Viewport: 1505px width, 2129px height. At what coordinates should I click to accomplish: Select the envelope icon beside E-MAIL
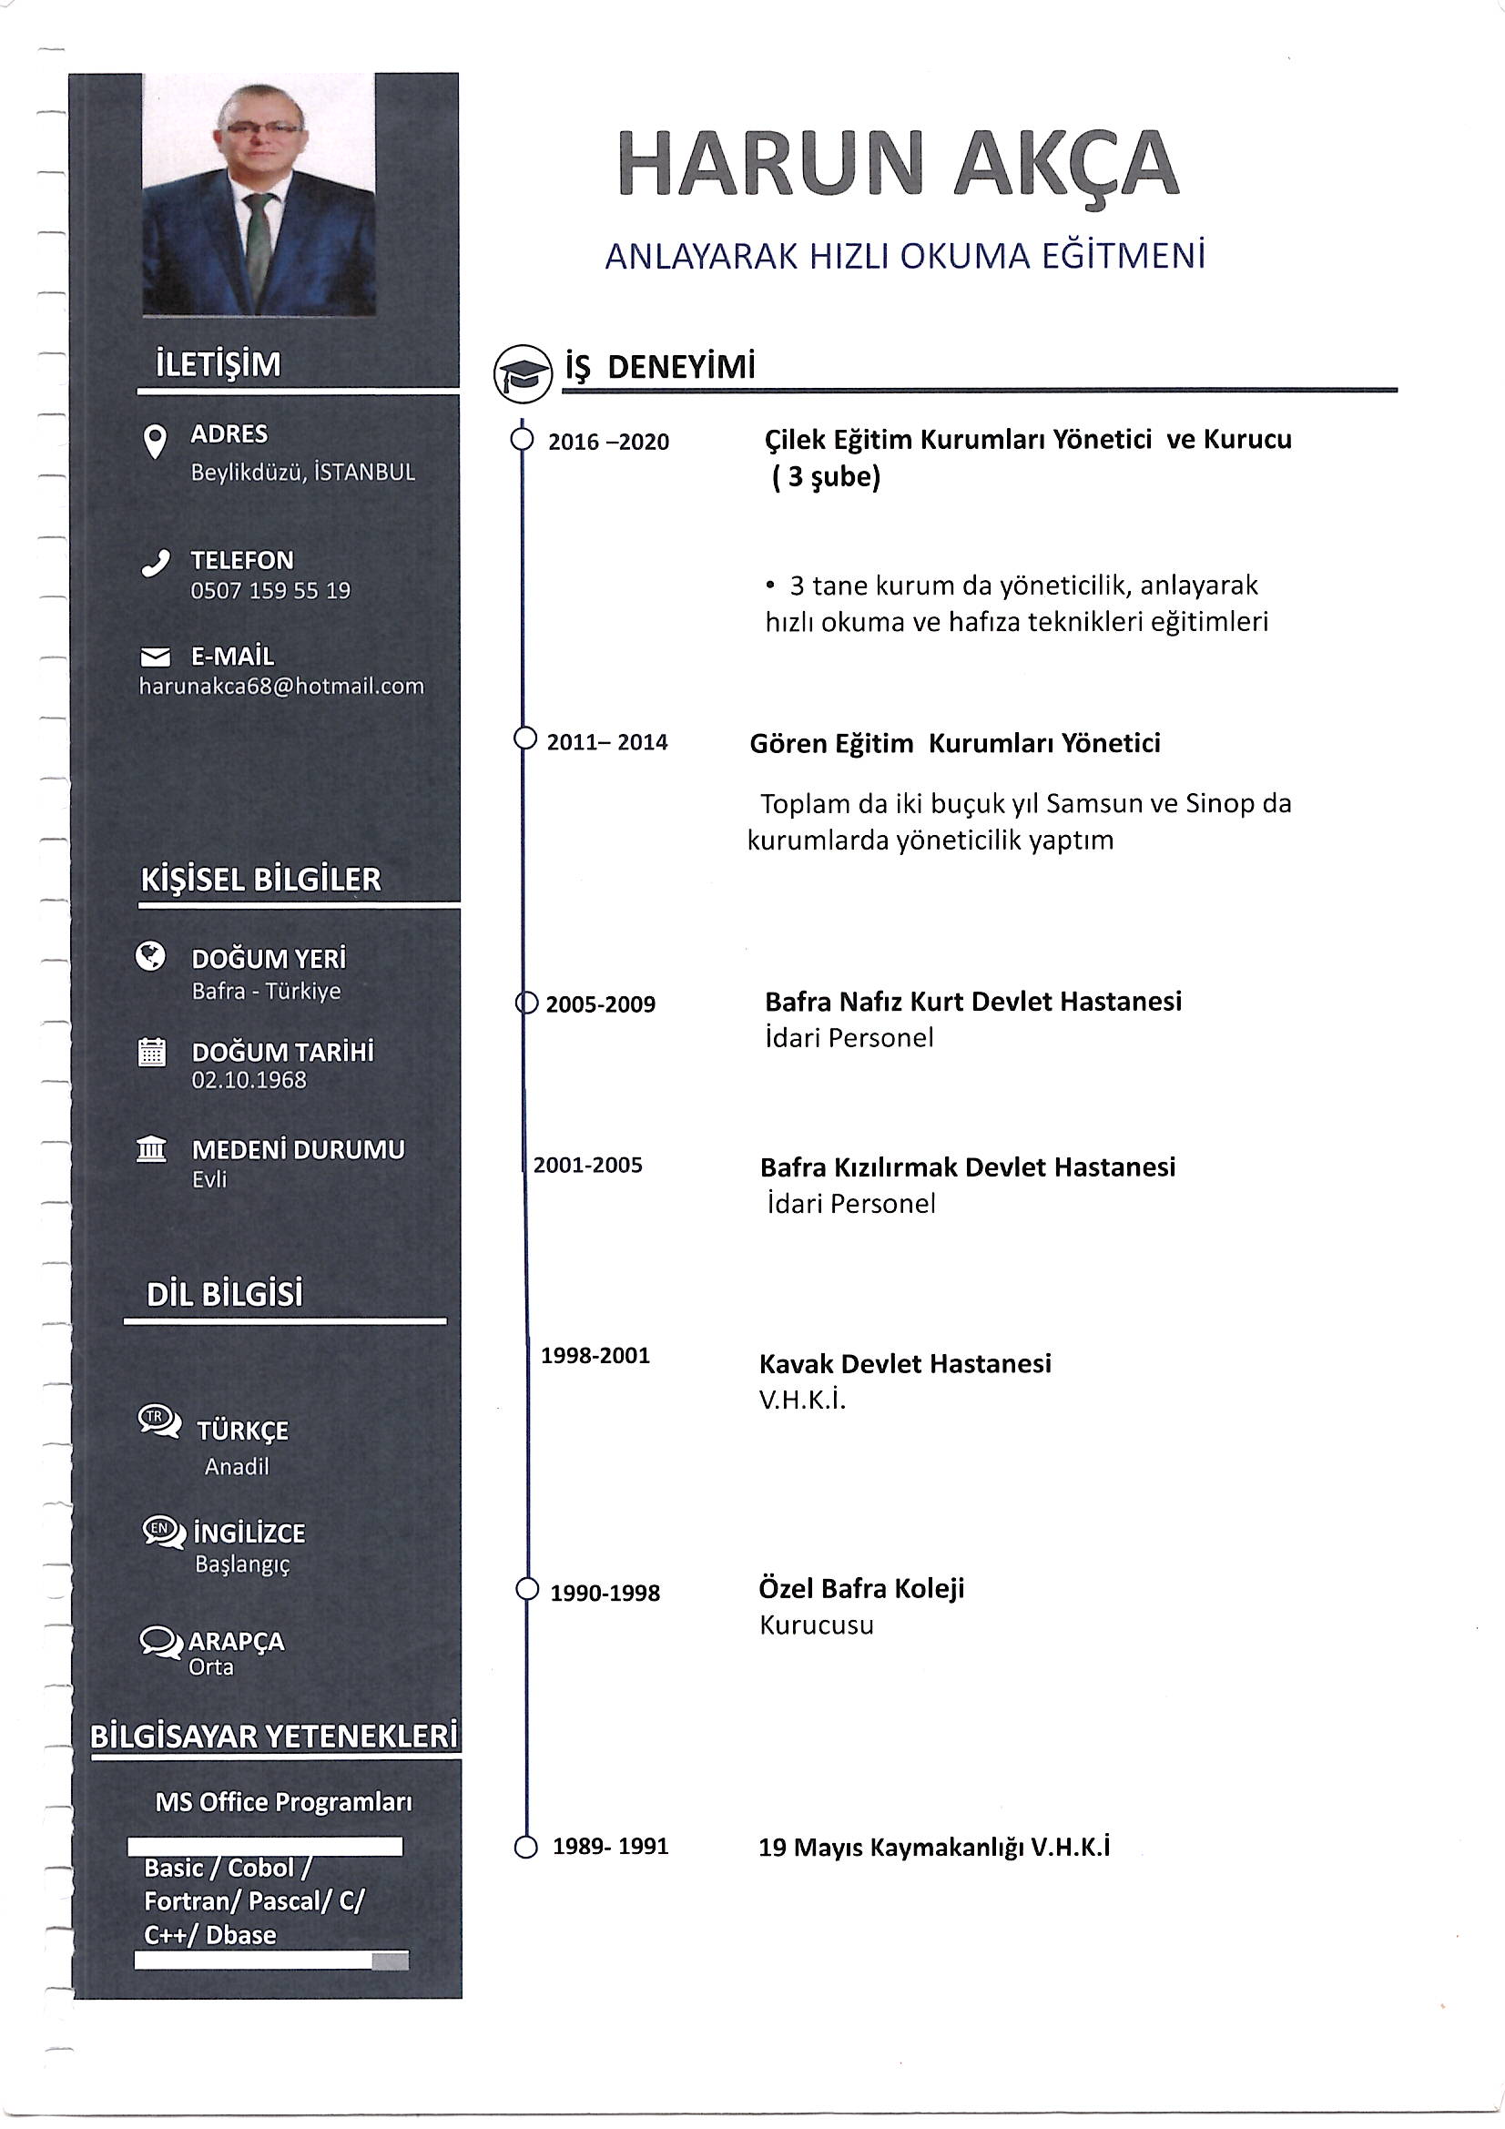pyautogui.click(x=155, y=657)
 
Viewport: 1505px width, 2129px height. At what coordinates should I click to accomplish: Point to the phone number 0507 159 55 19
pyautogui.click(x=269, y=591)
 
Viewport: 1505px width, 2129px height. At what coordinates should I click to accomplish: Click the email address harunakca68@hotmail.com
pyautogui.click(x=281, y=687)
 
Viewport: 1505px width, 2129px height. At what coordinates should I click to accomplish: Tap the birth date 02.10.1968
pyautogui.click(x=249, y=1080)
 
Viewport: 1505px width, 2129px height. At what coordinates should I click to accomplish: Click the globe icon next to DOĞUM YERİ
pyautogui.click(x=150, y=955)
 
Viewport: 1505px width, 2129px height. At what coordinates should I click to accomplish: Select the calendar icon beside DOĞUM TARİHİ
pyautogui.click(x=151, y=1052)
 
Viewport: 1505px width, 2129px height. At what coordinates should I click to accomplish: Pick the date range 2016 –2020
pyautogui.click(x=608, y=443)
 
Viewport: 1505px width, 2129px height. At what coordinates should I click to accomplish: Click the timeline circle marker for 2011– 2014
pyautogui.click(x=524, y=739)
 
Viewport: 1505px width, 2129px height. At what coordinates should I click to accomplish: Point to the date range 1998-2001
pyautogui.click(x=595, y=1356)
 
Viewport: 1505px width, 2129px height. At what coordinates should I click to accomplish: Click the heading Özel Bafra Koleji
pyautogui.click(x=861, y=1588)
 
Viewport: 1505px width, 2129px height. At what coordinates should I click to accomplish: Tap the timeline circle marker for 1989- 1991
pyautogui.click(x=524, y=1848)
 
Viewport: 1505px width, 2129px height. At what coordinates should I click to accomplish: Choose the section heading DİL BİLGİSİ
pyautogui.click(x=224, y=1295)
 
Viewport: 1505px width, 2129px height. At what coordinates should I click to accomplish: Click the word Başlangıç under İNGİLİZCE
pyautogui.click(x=243, y=1565)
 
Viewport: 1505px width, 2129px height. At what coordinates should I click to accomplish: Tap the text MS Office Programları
pyautogui.click(x=284, y=1802)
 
